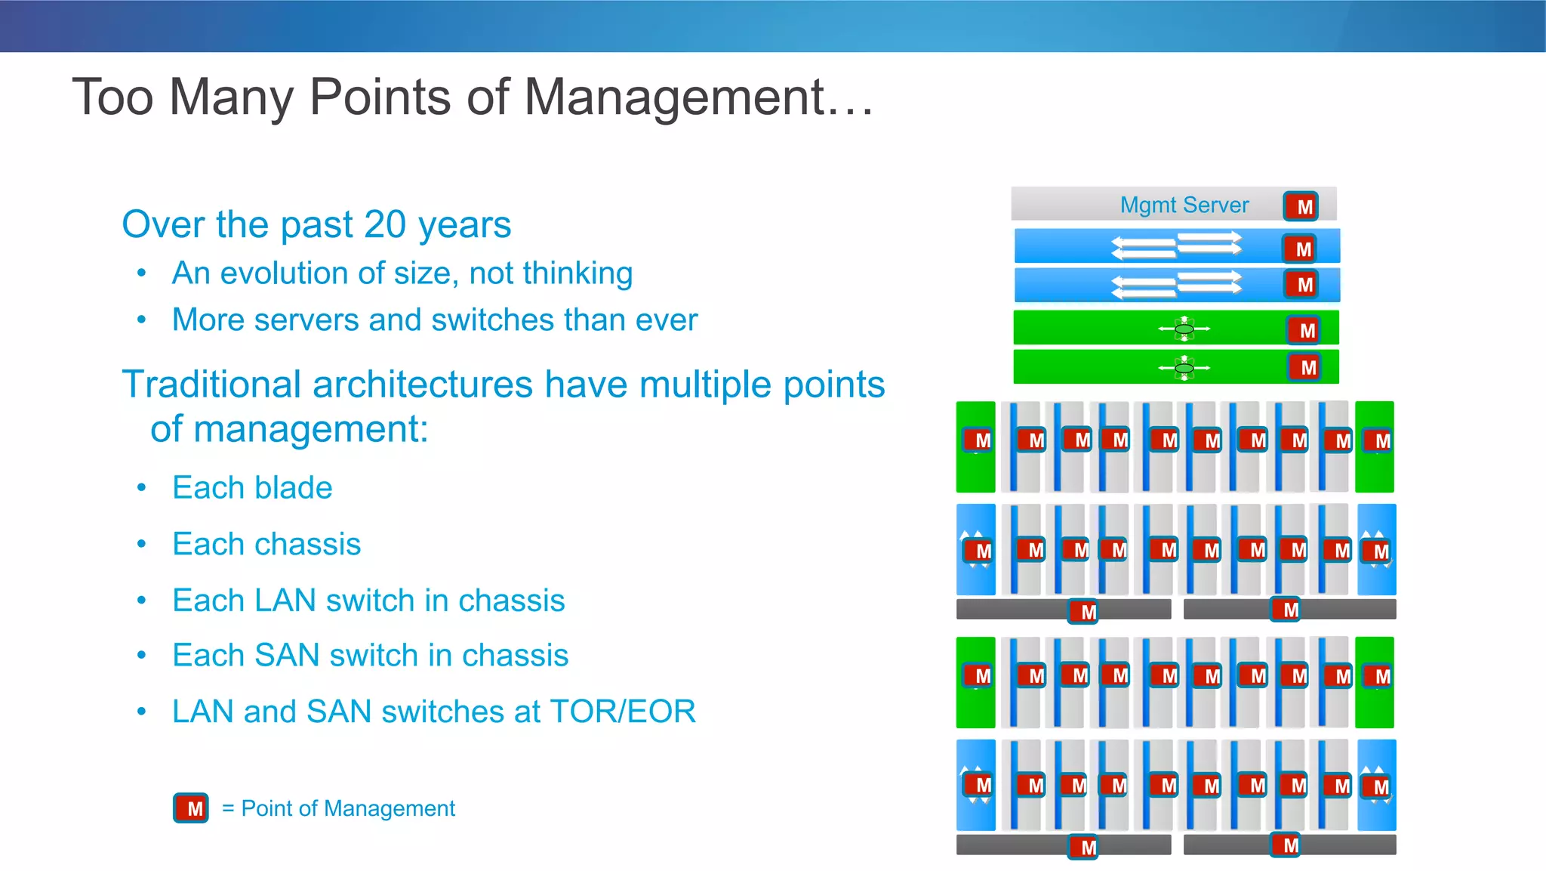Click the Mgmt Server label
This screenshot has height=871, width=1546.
(x=1184, y=205)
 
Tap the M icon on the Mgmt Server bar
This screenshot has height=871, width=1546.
(x=1301, y=206)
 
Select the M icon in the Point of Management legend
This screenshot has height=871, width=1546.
(x=191, y=808)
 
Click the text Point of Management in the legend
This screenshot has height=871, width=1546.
(x=348, y=808)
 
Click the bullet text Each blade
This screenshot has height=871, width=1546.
(x=252, y=488)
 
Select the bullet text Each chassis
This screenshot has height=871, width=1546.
(x=266, y=544)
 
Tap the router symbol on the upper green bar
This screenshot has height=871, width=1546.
(x=1184, y=329)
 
